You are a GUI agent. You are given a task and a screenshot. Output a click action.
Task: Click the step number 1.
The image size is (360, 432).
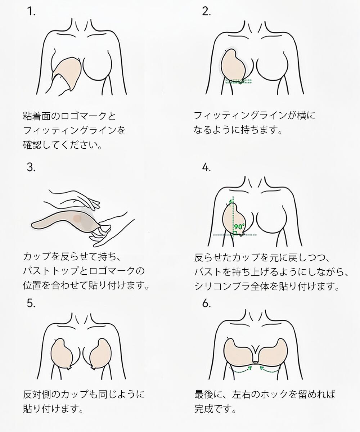click(31, 12)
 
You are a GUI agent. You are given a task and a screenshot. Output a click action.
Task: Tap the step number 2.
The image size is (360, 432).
click(206, 12)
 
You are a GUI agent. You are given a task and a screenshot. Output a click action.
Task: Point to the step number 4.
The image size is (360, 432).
click(206, 167)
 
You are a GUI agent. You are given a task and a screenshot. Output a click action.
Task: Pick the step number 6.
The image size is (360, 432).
click(206, 304)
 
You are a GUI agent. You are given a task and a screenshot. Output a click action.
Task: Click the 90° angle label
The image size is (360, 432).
click(239, 227)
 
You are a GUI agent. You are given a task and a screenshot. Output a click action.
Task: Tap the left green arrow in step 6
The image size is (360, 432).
click(240, 369)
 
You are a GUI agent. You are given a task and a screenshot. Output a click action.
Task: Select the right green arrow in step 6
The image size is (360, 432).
click(268, 369)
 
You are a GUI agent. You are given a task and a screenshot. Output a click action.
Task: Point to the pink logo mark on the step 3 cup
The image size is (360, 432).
click(77, 219)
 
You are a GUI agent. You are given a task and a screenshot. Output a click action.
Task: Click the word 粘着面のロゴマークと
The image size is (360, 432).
click(69, 116)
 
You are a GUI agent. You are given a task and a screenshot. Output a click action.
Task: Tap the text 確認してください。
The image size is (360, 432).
click(62, 145)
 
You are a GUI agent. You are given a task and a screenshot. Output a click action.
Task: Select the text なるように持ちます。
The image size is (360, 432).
click(237, 130)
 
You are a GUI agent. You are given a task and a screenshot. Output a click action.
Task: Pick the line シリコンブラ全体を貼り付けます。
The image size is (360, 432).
click(267, 286)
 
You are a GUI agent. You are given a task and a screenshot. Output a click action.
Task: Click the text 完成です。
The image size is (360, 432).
click(215, 409)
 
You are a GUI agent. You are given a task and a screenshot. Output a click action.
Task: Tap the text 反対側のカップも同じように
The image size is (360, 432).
click(84, 394)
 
